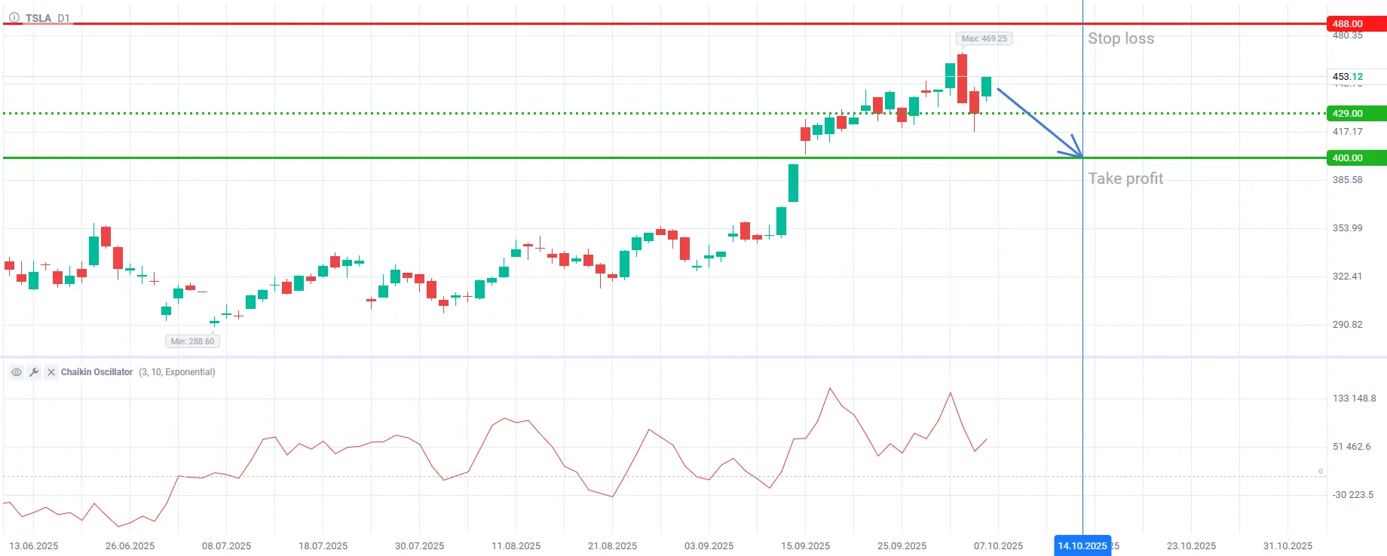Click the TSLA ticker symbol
pyautogui.click(x=38, y=18)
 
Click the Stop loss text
pyautogui.click(x=1120, y=38)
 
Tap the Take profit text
pyautogui.click(x=1125, y=179)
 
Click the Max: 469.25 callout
pyautogui.click(x=984, y=38)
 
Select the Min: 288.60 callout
pyautogui.click(x=192, y=341)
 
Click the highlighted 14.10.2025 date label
pyautogui.click(x=1082, y=546)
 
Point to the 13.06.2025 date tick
pyautogui.click(x=33, y=546)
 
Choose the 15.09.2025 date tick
pyautogui.click(x=805, y=546)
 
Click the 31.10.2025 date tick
pyautogui.click(x=1287, y=546)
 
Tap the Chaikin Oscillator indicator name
pyautogui.click(x=96, y=372)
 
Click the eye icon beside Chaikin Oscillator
pyautogui.click(x=17, y=372)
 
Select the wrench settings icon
pyautogui.click(x=34, y=372)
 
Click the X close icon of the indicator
pyautogui.click(x=51, y=372)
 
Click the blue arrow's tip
pyautogui.click(x=1082, y=157)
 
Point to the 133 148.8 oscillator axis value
pyautogui.click(x=1354, y=399)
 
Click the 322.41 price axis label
pyautogui.click(x=1347, y=276)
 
